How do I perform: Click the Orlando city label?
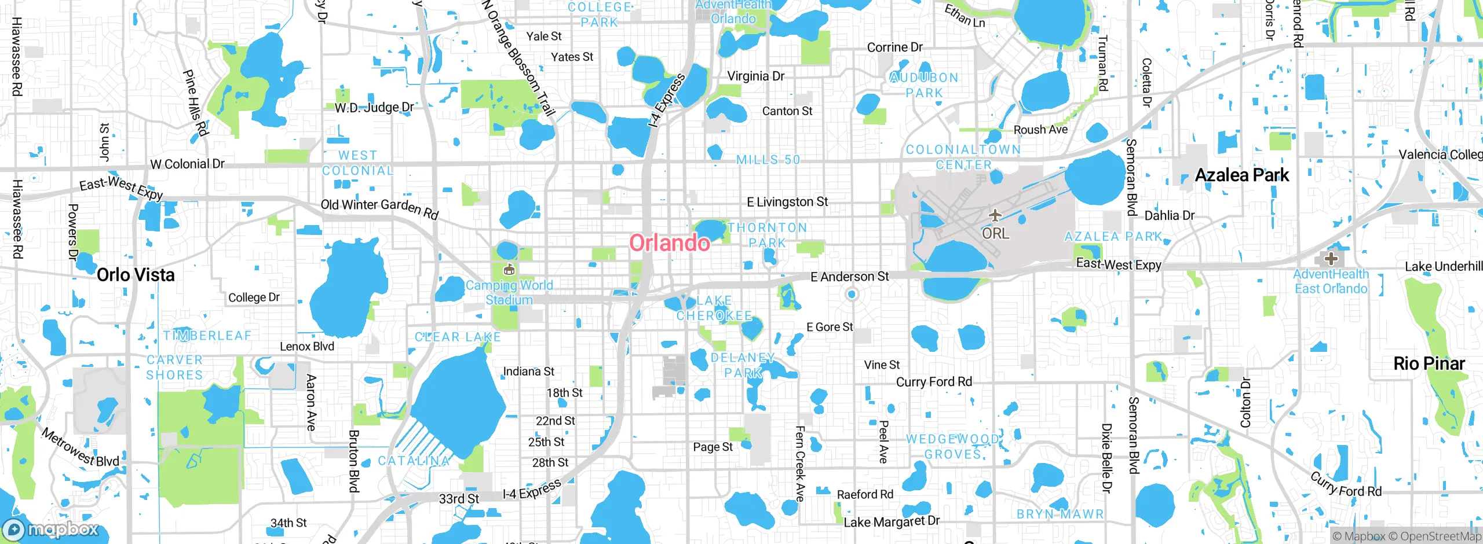click(x=669, y=243)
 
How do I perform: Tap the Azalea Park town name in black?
click(x=1242, y=175)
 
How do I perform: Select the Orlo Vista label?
click(x=136, y=275)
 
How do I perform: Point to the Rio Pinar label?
click(x=1429, y=363)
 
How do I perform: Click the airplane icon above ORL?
click(x=995, y=216)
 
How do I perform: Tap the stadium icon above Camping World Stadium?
click(x=509, y=269)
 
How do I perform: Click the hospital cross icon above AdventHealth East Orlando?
click(x=1331, y=258)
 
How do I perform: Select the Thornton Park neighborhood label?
click(x=767, y=235)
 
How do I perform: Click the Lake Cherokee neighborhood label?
click(x=714, y=308)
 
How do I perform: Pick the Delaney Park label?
click(x=743, y=365)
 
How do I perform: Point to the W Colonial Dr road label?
click(x=187, y=164)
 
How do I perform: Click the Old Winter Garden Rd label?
click(x=379, y=208)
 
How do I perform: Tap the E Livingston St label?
click(x=787, y=202)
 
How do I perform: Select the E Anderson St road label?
click(x=849, y=277)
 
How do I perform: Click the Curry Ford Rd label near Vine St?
click(x=934, y=382)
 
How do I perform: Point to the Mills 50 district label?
click(x=768, y=160)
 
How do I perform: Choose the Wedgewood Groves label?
click(x=953, y=447)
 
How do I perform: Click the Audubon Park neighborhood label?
click(x=924, y=85)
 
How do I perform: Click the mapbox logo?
click(x=51, y=529)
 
